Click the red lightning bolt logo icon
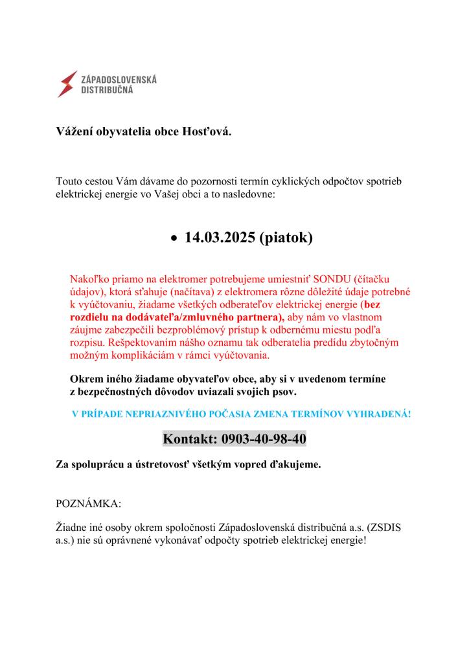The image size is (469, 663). [67, 84]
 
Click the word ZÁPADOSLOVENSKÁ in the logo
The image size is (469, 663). [118, 79]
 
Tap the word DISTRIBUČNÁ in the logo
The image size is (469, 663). [107, 91]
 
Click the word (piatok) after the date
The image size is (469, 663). [286, 238]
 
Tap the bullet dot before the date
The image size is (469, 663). [173, 239]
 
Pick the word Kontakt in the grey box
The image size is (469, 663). [190, 440]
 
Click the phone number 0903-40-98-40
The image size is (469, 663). [264, 440]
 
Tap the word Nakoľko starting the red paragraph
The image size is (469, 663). [89, 279]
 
